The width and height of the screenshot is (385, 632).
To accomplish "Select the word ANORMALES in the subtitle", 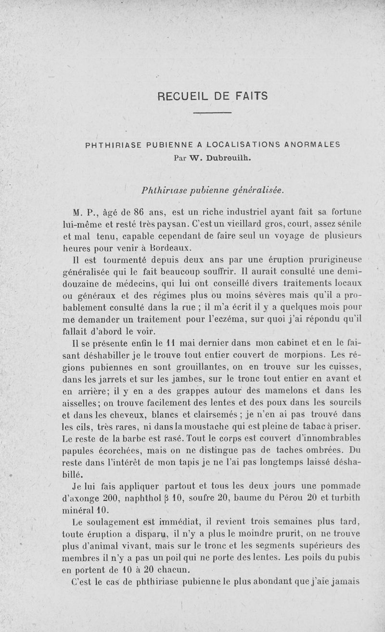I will pyautogui.click(x=313, y=144).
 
